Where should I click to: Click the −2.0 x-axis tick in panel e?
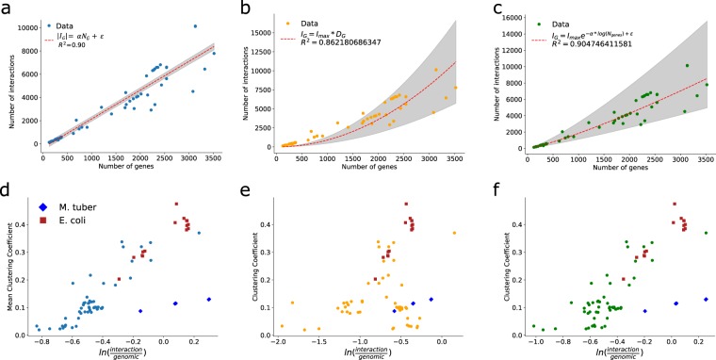point(280,342)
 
